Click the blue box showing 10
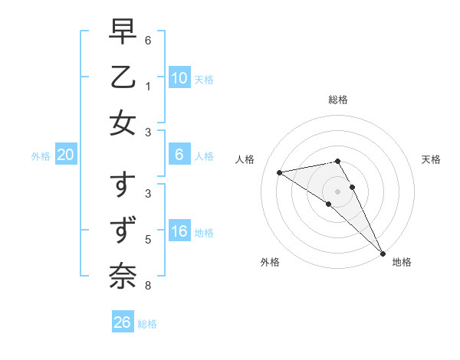179,77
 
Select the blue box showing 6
179,155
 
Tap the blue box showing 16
179,231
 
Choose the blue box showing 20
66,155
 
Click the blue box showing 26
123,322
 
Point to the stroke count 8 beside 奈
147,286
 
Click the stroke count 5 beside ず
147,240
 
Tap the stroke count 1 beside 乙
147,86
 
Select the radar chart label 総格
338,100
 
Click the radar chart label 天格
431,159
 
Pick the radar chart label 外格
270,262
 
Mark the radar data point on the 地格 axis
383,253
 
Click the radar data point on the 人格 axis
279,172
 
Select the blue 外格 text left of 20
41,156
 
